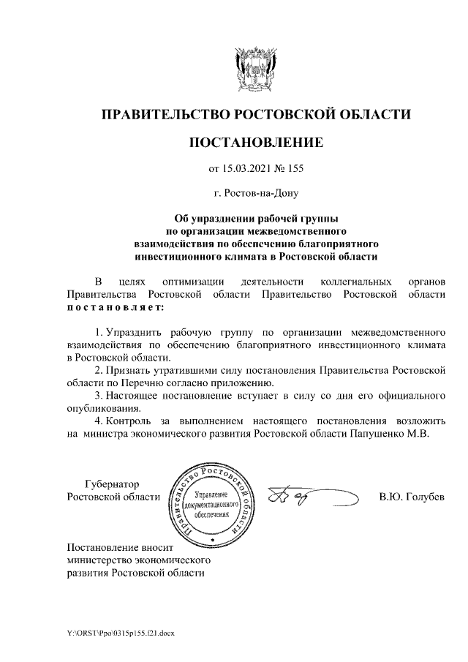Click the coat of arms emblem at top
tap(255, 67)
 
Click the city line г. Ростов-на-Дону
tap(255, 194)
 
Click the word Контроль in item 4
tap(129, 421)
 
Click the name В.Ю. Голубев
tap(411, 497)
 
